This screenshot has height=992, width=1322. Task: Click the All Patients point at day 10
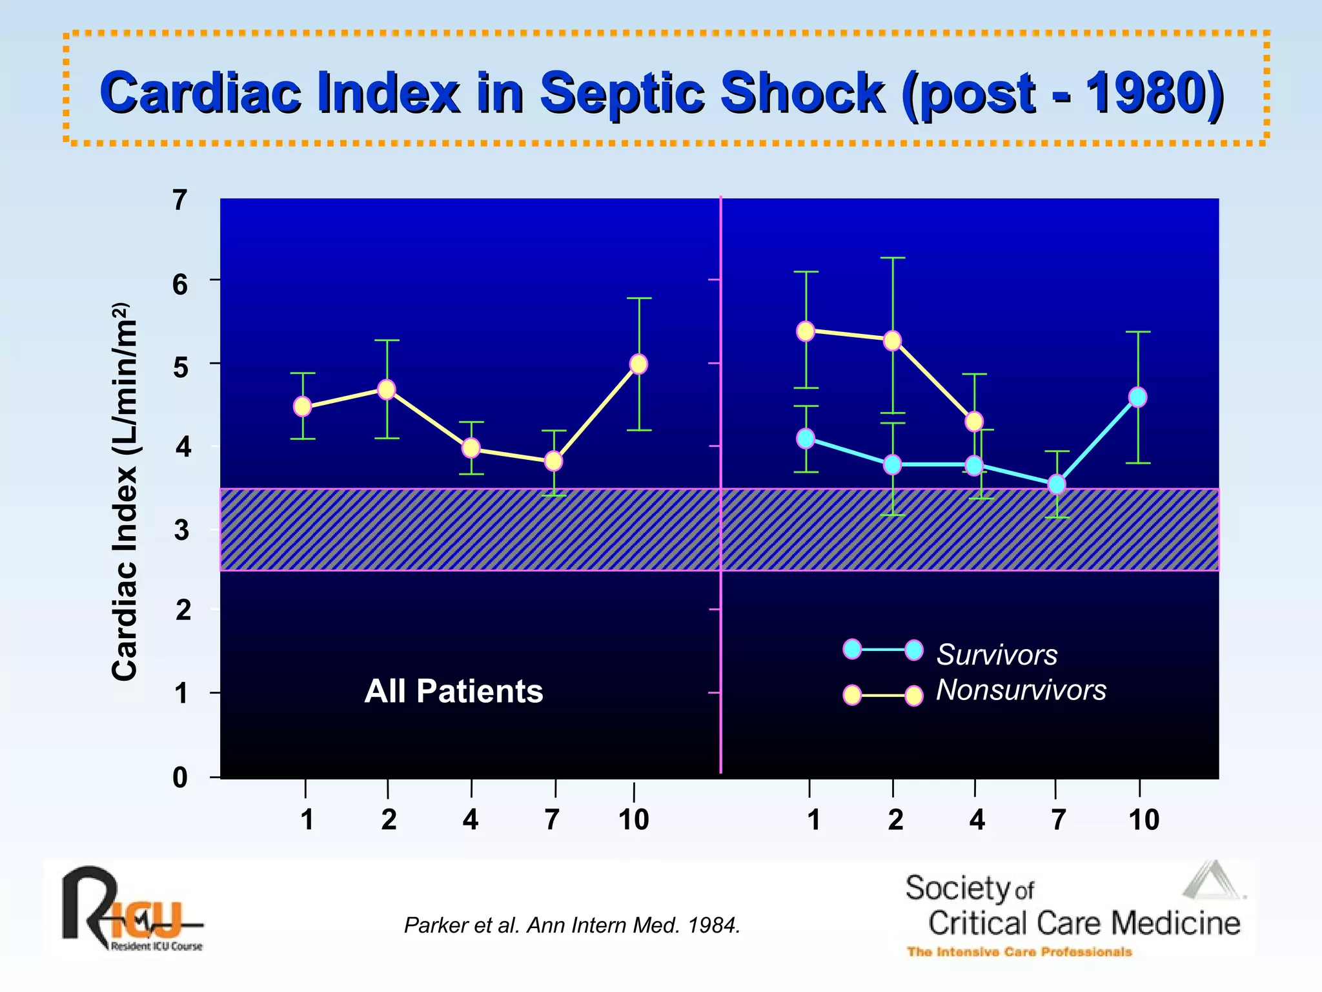[638, 364]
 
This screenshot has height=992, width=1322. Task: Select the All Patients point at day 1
[302, 406]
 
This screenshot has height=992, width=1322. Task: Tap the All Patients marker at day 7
[553, 461]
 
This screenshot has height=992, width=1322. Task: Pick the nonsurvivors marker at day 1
[806, 331]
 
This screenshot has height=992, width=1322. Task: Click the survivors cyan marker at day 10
[1137, 397]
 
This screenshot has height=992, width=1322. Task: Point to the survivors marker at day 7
[1057, 484]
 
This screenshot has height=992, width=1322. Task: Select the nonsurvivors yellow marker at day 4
[974, 422]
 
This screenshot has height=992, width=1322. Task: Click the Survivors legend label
[997, 655]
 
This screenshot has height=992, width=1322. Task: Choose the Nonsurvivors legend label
[1021, 690]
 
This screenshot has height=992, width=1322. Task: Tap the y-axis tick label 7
[180, 201]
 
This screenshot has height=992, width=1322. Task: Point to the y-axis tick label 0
[180, 778]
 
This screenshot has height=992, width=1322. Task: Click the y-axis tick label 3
[181, 530]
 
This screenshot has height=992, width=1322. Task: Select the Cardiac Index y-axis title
[124, 491]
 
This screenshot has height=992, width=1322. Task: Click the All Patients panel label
[453, 691]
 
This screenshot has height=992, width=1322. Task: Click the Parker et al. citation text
[572, 925]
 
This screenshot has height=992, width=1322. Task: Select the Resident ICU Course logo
[132, 909]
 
